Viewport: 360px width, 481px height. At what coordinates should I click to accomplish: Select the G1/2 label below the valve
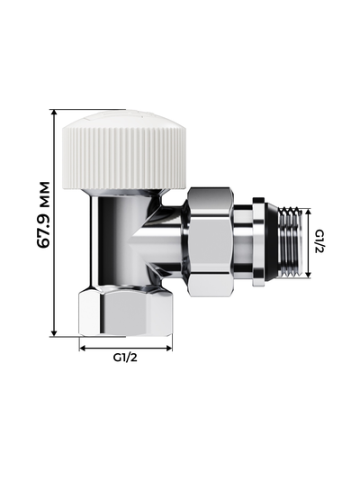click(125, 358)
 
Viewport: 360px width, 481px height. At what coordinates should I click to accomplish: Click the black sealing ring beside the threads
click(259, 242)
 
